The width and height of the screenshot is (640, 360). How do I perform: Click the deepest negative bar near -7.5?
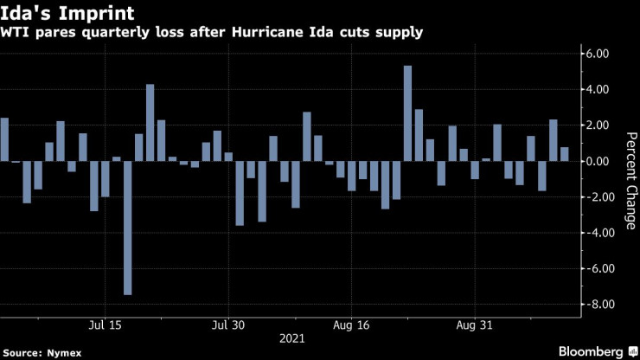[x=128, y=228]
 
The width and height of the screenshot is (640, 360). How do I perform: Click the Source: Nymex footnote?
[x=38, y=351]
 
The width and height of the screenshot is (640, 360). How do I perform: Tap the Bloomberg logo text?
[x=583, y=350]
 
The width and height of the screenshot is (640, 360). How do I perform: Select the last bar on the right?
[x=565, y=154]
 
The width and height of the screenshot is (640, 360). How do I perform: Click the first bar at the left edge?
[x=4, y=139]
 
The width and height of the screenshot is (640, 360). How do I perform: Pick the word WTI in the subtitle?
[x=16, y=33]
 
